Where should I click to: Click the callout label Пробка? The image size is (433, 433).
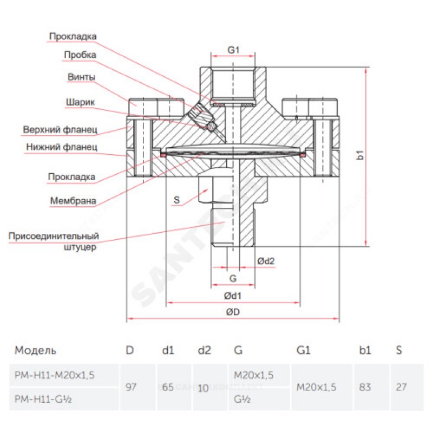pyautogui.click(x=80, y=55)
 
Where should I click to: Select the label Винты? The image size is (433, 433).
pyautogui.click(x=82, y=77)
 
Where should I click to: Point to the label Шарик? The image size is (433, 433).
pyautogui.click(x=81, y=102)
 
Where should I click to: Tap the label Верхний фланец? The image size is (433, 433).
pyautogui.click(x=60, y=130)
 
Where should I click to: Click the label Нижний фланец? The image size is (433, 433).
pyautogui.click(x=61, y=147)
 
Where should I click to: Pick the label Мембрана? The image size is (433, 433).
pyautogui.click(x=73, y=201)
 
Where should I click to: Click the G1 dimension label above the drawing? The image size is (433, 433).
pyautogui.click(x=233, y=50)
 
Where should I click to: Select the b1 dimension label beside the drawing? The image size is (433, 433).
pyautogui.click(x=359, y=156)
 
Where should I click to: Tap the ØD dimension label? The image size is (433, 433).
pyautogui.click(x=233, y=312)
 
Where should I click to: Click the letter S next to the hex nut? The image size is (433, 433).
pyautogui.click(x=176, y=200)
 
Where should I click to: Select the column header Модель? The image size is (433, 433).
pyautogui.click(x=35, y=350)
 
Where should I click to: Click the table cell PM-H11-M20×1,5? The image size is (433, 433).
pyautogui.click(x=54, y=375)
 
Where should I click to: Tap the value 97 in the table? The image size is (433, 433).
pyautogui.click(x=130, y=387)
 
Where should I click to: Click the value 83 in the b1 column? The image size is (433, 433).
pyautogui.click(x=365, y=387)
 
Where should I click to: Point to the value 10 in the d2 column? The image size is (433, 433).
pyautogui.click(x=203, y=388)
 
